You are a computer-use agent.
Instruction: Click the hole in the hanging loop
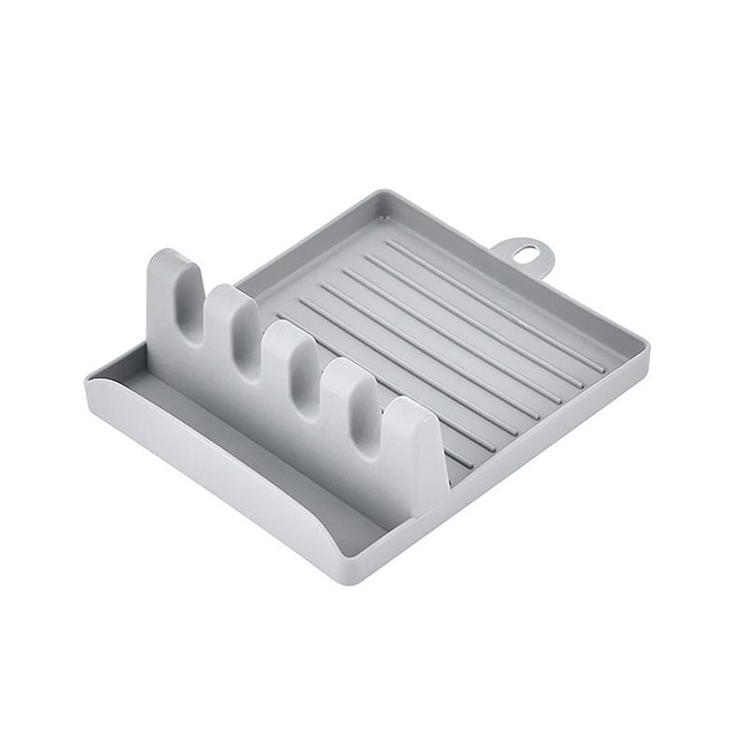[527, 252]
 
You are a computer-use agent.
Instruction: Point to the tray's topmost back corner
[387, 193]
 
